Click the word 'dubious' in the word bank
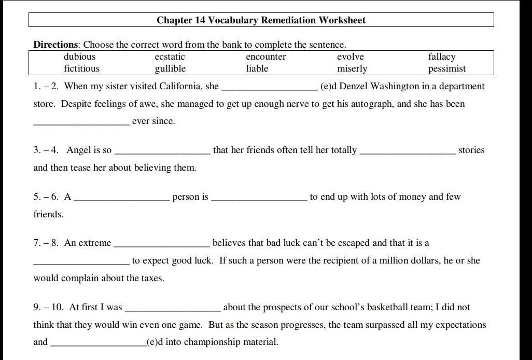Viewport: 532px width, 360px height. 79,57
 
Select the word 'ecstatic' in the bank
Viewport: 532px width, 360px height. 170,57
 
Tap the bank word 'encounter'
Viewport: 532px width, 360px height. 265,57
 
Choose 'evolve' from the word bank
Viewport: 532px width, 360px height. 350,57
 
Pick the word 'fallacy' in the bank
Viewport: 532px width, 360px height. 441,57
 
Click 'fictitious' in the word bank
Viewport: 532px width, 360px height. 81,68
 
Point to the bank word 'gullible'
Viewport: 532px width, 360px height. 170,68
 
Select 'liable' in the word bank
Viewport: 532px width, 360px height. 257,68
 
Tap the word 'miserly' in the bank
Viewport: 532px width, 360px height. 352,68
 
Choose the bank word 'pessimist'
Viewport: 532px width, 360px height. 446,68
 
